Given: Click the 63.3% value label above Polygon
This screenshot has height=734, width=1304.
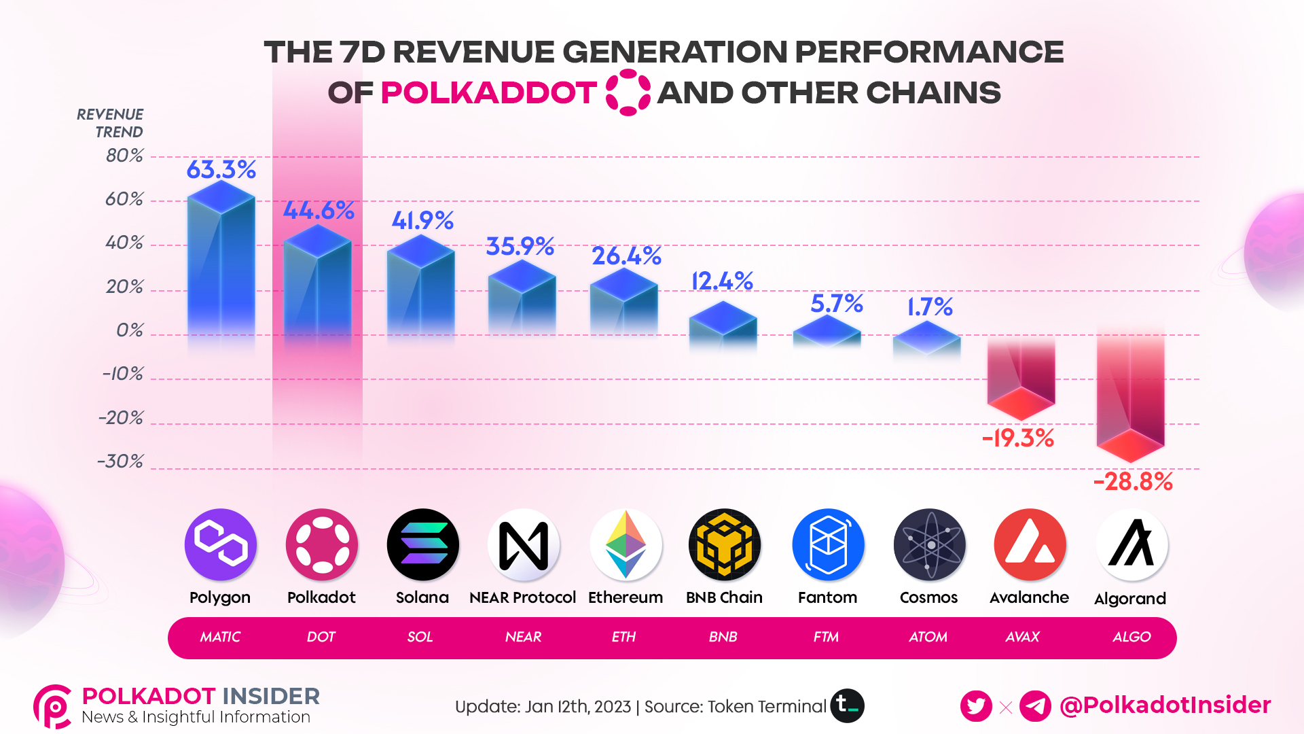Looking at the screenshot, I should (221, 169).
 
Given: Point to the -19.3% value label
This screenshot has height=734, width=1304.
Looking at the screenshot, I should (1018, 438).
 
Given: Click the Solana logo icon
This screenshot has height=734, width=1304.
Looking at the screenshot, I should (422, 544).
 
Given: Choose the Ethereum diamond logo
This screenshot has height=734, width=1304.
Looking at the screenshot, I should (626, 544).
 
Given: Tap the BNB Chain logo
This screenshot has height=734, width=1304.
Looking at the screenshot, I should (724, 544).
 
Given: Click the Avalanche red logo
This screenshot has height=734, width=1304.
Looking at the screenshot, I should (1029, 544).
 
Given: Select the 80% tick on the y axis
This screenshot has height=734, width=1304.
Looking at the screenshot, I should (124, 156).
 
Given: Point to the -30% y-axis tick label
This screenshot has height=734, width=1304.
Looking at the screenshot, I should (120, 461).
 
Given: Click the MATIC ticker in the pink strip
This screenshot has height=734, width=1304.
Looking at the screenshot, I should (220, 637).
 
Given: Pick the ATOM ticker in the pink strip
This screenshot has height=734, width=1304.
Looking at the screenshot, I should (928, 637).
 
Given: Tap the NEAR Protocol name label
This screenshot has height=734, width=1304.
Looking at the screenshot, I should (522, 597).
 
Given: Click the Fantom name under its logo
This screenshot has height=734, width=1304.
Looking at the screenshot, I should (827, 597).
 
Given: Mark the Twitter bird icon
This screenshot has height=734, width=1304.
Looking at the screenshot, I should (976, 706).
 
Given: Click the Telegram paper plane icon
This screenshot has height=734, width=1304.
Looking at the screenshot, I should (1035, 706).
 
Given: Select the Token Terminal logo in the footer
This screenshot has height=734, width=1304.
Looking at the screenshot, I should (847, 705).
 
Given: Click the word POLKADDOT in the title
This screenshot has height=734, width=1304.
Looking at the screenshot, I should (488, 93).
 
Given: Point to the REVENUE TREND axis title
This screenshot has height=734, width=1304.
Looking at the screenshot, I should (110, 123).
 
